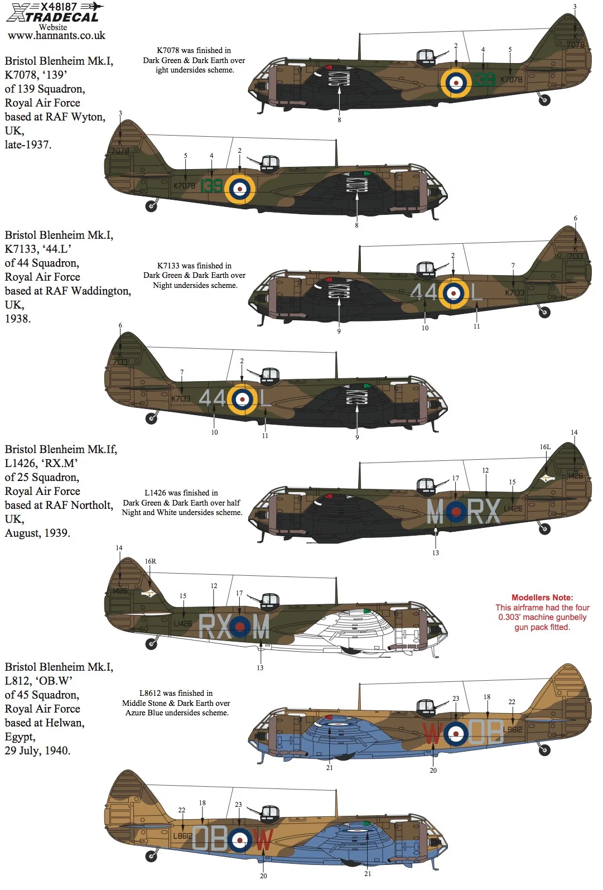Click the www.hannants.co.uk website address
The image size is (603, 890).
(56, 35)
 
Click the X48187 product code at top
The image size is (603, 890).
(58, 7)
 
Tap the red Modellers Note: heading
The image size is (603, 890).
(542, 597)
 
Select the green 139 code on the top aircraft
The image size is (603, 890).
(484, 79)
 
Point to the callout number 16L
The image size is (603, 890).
(545, 446)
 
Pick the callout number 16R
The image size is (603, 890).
(150, 561)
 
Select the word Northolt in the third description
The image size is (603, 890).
(94, 505)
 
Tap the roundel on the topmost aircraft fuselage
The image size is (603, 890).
(456, 82)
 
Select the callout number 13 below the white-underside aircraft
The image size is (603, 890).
(260, 667)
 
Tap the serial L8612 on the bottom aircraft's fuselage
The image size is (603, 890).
(182, 835)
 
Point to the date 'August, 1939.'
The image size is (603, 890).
(37, 533)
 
